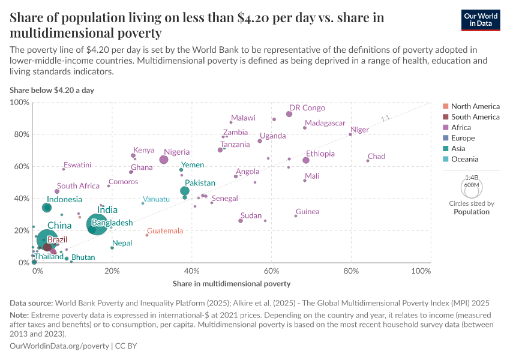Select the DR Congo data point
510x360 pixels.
(289, 114)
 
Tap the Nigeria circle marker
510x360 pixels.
(164, 160)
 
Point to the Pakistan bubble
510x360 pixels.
(185, 191)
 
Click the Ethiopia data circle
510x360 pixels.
(306, 160)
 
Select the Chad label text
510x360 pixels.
(376, 157)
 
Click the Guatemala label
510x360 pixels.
(165, 231)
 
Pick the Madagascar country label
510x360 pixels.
(325, 123)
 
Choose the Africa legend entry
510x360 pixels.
(461, 127)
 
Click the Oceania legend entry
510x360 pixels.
(464, 160)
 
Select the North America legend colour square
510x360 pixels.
(445, 106)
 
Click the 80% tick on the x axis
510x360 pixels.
(351, 271)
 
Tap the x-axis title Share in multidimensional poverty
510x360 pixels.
(232, 283)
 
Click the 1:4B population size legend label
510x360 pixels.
(472, 178)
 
